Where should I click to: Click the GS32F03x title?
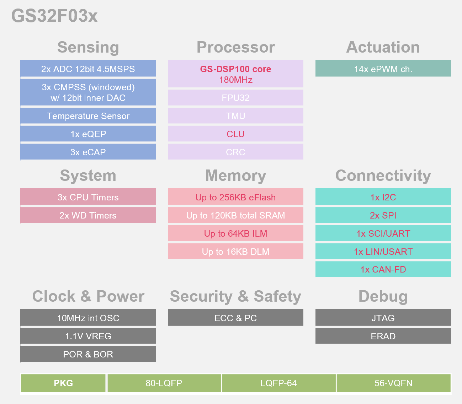[x=54, y=16]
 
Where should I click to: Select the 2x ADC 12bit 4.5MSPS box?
[x=88, y=69]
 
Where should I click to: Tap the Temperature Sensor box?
[x=88, y=116]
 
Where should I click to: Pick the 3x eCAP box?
[x=88, y=152]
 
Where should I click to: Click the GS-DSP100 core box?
[x=235, y=74]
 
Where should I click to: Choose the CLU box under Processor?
[x=235, y=134]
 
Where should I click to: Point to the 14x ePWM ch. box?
[x=383, y=69]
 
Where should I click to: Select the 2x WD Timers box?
[x=88, y=215]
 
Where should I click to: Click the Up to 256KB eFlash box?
[x=235, y=197]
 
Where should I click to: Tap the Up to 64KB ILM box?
[x=235, y=233]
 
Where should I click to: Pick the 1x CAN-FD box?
[x=383, y=269]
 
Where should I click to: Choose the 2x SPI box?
[x=383, y=215]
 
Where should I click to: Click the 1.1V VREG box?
[x=88, y=336]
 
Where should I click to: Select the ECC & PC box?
[x=235, y=318]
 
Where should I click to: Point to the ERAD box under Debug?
[x=383, y=336]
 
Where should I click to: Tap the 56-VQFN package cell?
[x=393, y=383]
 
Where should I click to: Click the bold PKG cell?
[x=63, y=383]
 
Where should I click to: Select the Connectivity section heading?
[x=383, y=176]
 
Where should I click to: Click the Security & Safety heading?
[x=235, y=296]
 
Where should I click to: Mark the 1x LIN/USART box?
[x=383, y=252]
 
